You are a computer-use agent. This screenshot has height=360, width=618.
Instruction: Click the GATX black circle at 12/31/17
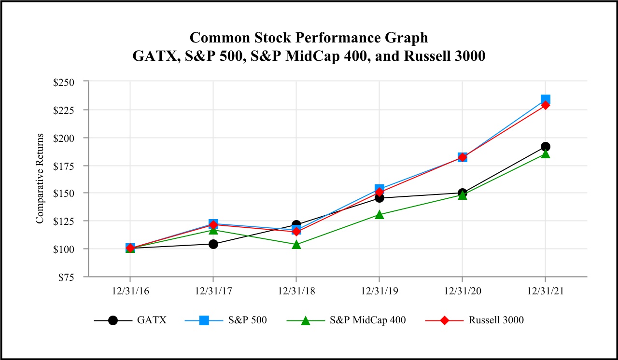click(x=213, y=244)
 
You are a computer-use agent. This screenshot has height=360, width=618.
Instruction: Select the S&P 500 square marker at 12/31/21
click(x=546, y=100)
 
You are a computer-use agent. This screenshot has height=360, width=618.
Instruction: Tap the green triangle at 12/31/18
click(x=296, y=245)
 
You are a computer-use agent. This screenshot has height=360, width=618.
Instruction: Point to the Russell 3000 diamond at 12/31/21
click(x=546, y=105)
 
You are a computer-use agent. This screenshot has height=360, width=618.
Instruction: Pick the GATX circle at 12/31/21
click(x=546, y=147)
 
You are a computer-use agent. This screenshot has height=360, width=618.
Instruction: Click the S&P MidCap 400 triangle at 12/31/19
click(x=379, y=215)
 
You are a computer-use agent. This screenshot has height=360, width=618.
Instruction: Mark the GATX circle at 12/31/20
click(x=463, y=193)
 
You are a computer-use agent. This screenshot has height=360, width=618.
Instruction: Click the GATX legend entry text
click(x=152, y=320)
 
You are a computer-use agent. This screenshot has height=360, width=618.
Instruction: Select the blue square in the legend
click(x=204, y=320)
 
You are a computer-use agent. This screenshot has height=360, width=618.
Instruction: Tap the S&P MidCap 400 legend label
click(x=368, y=320)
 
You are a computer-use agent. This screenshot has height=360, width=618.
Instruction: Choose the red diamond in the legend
click(x=443, y=320)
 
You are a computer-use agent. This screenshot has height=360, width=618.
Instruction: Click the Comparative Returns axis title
click(x=40, y=179)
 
